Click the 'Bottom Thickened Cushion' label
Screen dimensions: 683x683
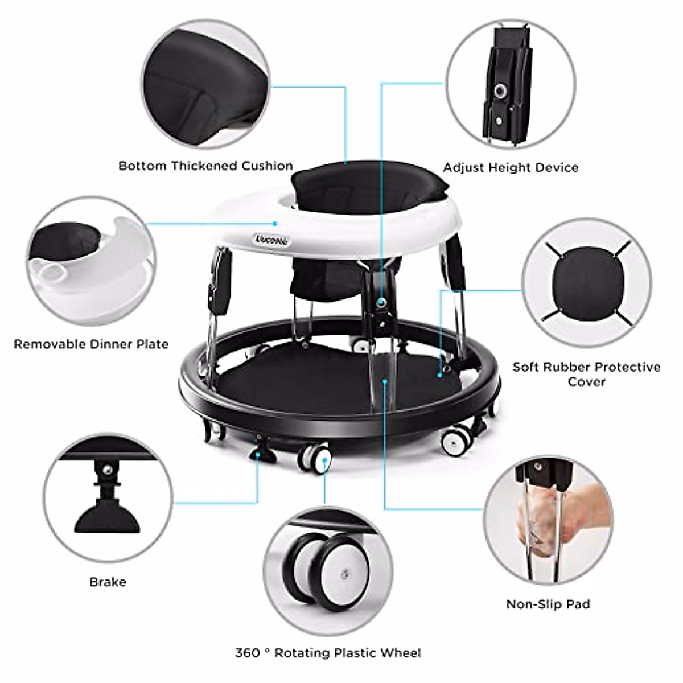tap(205, 166)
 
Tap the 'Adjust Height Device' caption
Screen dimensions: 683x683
tap(511, 168)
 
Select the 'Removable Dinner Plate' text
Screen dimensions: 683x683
tap(91, 344)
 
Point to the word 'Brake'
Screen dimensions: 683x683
tap(108, 582)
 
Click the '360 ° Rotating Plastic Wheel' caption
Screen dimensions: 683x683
tap(328, 653)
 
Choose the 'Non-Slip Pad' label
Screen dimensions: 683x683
tap(548, 604)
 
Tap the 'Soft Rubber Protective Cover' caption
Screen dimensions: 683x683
tap(586, 374)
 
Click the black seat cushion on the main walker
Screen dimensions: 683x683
tap(367, 188)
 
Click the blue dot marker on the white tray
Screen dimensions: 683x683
tap(275, 223)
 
